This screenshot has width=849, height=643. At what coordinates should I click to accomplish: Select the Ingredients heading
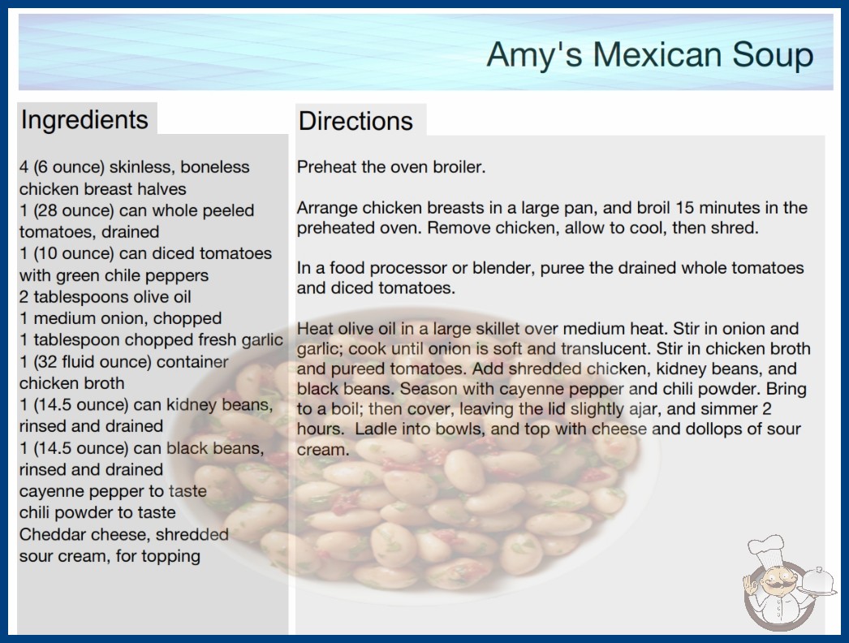click(84, 119)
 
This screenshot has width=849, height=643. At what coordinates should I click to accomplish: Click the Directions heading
click(356, 121)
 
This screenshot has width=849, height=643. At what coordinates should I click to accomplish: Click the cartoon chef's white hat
click(765, 549)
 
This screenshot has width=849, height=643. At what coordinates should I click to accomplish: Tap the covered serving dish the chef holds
click(817, 582)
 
